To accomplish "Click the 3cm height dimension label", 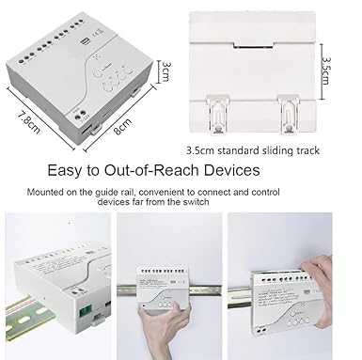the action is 165,71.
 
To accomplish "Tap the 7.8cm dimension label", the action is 28,122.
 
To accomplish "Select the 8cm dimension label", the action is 123,126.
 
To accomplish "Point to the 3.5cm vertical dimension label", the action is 326,70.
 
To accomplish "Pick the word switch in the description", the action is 196,201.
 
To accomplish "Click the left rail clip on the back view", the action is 217,115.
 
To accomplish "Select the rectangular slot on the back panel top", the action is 253,45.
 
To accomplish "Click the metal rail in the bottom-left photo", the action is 30,315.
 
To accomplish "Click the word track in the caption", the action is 308,150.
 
